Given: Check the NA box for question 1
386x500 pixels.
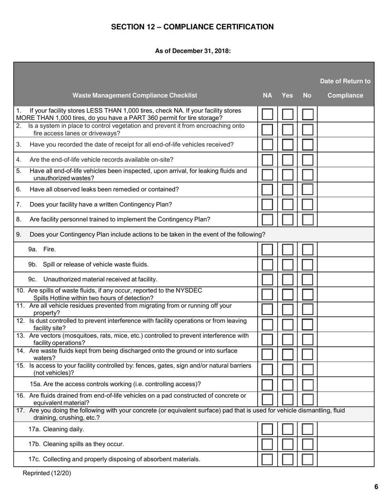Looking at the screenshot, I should [267, 114].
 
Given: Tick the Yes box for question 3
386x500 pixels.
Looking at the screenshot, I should [287, 144].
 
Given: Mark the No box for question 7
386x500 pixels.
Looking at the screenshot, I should [308, 204].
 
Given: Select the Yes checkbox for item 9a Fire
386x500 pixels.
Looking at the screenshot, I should [287, 250].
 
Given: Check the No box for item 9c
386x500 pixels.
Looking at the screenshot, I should [308, 280].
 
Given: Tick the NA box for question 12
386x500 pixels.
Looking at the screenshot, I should [267, 324].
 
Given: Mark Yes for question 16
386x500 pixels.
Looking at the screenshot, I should [287, 399].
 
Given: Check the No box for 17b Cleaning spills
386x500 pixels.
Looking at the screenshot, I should [308, 444].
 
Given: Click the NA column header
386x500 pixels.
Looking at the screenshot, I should [267, 96].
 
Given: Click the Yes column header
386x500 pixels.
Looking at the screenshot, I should [287, 96].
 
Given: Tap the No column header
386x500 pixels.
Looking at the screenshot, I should [307, 96].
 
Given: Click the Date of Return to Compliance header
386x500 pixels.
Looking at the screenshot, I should [345, 88].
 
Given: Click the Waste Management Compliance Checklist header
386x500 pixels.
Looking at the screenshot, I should [134, 96].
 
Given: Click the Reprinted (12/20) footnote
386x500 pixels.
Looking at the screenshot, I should [47, 473].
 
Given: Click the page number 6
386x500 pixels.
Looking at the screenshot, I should [376, 487].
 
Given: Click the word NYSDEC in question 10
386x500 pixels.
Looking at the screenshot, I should [189, 291].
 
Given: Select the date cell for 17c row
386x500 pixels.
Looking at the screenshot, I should [345, 459].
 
